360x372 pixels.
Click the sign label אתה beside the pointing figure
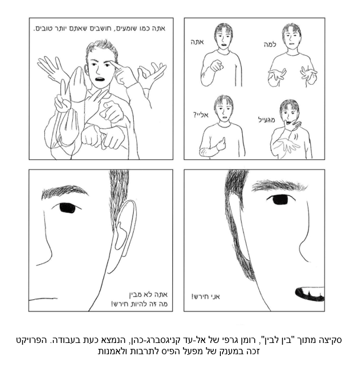coord(197,42)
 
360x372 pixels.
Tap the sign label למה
coord(270,44)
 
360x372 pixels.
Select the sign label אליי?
coord(201,115)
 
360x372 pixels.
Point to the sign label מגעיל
coord(266,120)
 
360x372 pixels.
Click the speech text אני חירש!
coord(205,296)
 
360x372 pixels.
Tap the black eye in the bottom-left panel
coord(67,208)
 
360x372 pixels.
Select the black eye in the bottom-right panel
coord(280,199)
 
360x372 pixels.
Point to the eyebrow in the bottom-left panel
coord(64,191)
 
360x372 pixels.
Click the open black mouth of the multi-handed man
coord(100,79)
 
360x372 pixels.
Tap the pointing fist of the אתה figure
coord(217,66)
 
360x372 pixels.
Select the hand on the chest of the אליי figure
coord(220,144)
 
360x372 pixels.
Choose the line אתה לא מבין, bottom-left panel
coord(148,294)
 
